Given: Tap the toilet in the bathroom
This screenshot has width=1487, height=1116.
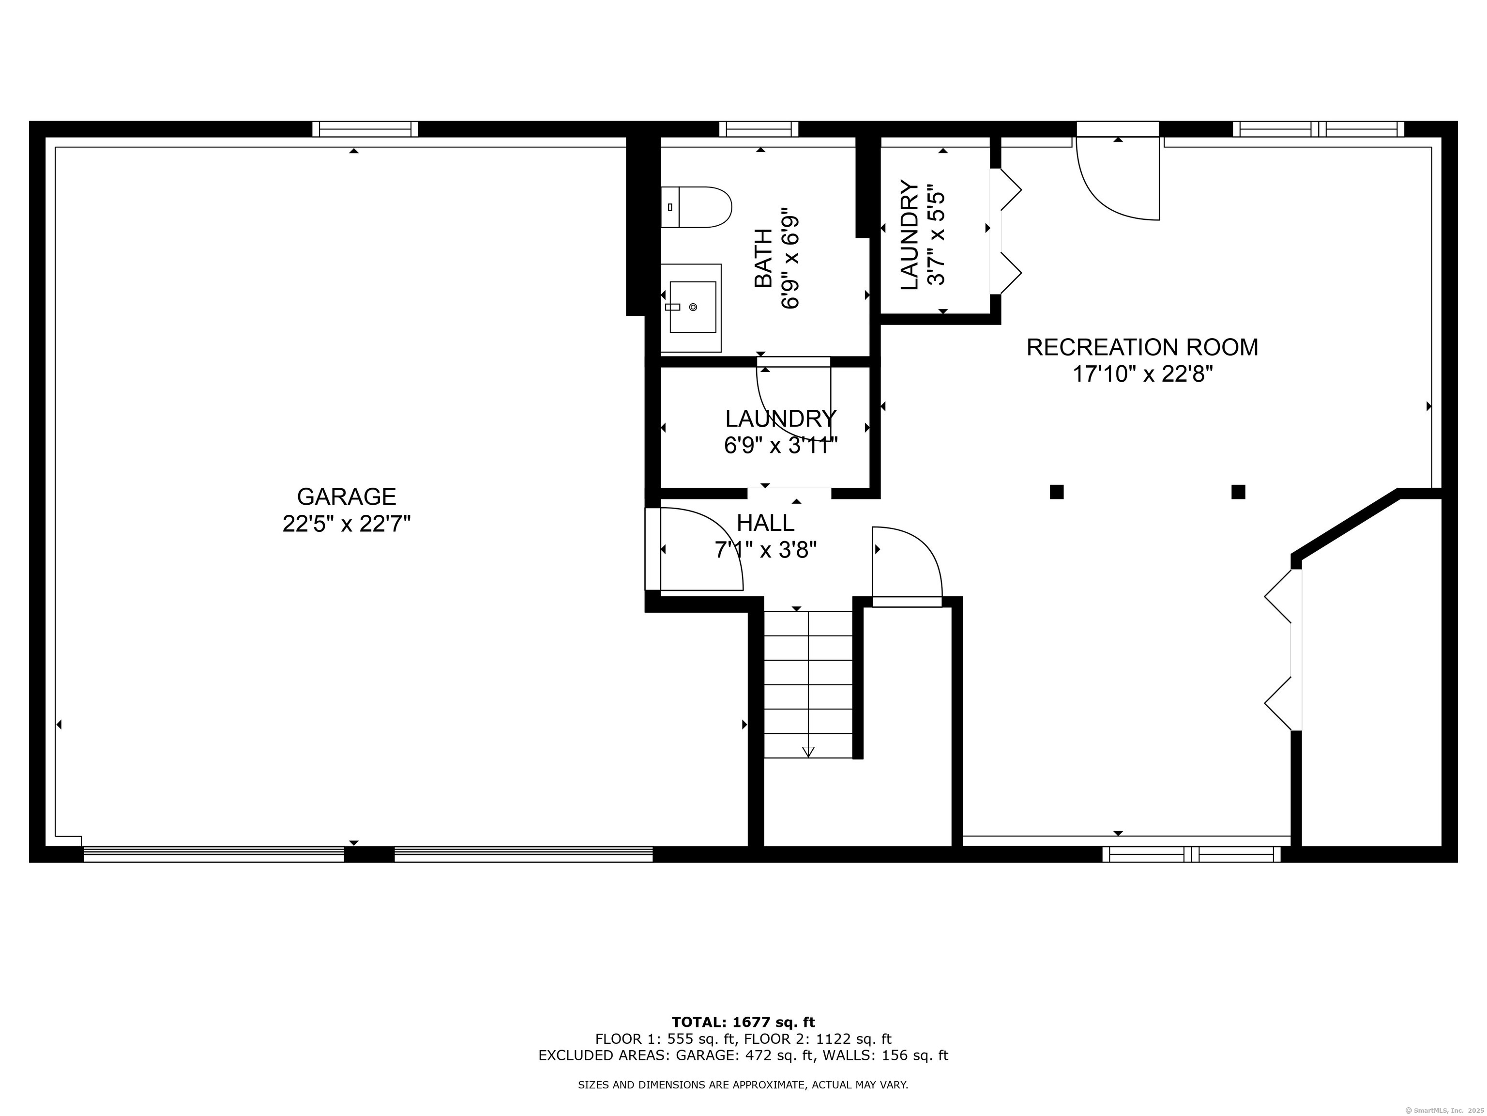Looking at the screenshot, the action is (696, 207).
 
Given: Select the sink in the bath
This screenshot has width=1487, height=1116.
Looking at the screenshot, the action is (691, 308).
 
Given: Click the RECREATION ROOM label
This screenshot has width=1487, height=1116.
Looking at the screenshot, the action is (1142, 347).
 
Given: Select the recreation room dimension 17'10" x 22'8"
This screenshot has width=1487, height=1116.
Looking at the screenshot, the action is (1142, 373).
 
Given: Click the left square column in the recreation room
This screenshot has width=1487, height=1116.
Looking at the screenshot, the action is (1056, 492).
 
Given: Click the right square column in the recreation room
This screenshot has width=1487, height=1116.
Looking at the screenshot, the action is (1238, 492).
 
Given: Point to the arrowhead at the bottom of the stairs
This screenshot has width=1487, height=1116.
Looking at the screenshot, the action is (808, 751).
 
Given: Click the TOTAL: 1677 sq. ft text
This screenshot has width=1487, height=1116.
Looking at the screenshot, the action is (743, 1023).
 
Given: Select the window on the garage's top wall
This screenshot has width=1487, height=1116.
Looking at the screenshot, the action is (365, 129).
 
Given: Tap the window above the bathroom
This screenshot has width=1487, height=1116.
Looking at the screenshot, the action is (759, 129).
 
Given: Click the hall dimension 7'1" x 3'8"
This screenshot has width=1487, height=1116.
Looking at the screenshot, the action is (766, 550).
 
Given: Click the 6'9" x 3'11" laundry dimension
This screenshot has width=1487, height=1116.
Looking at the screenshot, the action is (780, 445).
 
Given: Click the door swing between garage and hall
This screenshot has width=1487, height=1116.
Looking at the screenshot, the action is (702, 549).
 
